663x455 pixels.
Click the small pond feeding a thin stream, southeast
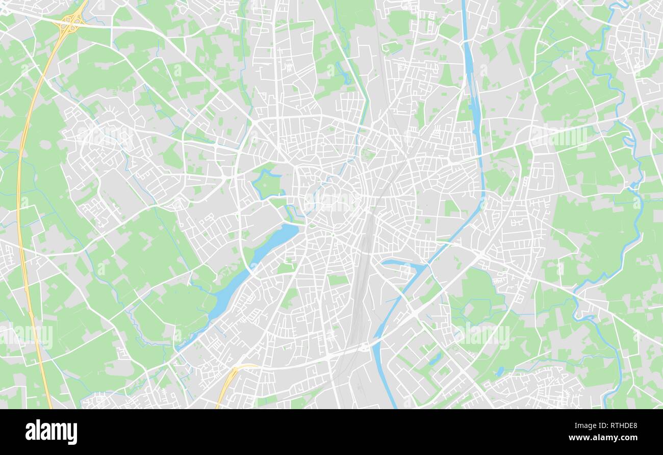point(500,370)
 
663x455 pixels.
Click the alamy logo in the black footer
point(51,432)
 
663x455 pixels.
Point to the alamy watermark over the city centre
point(331,201)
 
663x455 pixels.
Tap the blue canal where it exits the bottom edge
point(393,403)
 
